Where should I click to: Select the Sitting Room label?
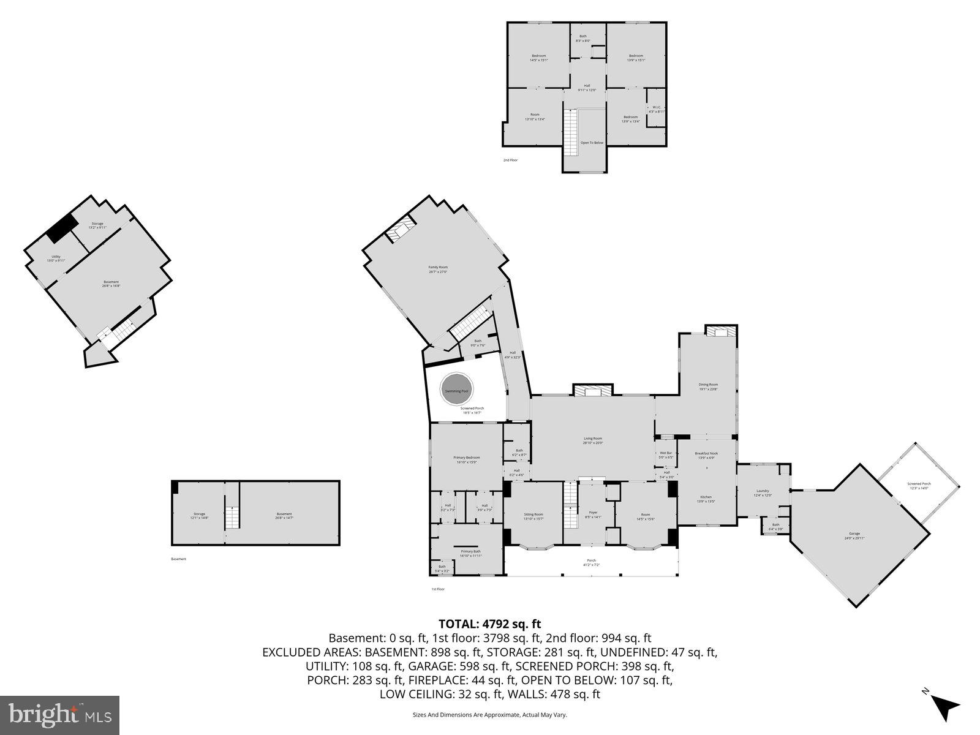click(533, 516)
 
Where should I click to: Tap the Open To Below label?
click(592, 143)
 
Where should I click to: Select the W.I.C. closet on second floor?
click(656, 109)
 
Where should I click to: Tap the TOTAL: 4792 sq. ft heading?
click(490, 624)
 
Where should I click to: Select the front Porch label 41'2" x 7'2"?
click(591, 562)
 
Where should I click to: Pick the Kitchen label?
click(706, 499)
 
